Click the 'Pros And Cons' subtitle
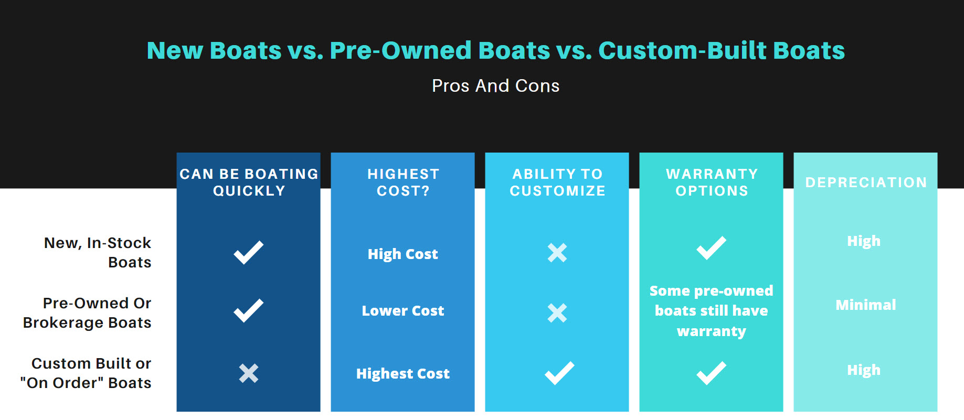495,85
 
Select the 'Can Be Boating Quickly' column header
249,182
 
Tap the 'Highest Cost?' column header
403,182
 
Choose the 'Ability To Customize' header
557,182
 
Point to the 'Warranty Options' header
712,182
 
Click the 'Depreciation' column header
866,182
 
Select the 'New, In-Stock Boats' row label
98,252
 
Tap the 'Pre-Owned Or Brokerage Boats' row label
87,313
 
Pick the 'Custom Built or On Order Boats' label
86,373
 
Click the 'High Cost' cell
403,254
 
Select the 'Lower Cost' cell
403,310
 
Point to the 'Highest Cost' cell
403,374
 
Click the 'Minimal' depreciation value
866,305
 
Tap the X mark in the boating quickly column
249,373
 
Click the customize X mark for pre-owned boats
557,313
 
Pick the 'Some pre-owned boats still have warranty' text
712,311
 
